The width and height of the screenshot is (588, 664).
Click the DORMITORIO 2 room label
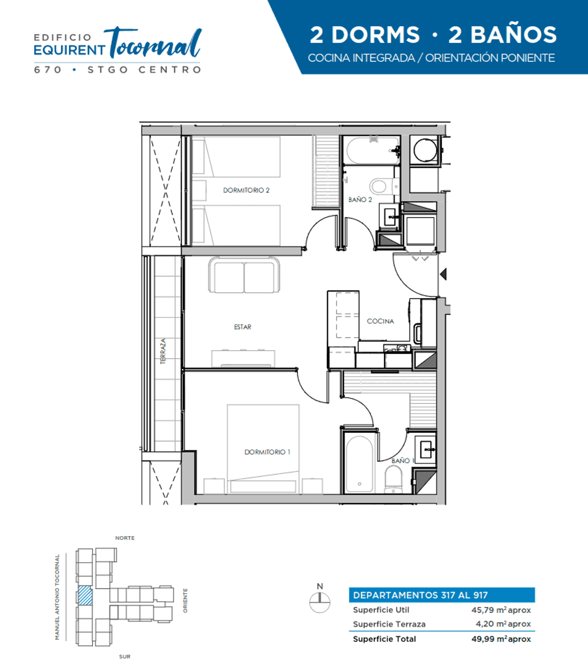tap(246, 190)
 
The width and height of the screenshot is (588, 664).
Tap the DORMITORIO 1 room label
tap(267, 452)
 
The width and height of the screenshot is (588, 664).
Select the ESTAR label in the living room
tap(242, 327)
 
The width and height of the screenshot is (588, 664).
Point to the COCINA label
tap(380, 321)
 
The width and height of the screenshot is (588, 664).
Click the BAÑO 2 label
tap(360, 200)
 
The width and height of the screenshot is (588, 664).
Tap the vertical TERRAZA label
tap(163, 351)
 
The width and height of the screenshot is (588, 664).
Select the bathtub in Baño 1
tap(359, 464)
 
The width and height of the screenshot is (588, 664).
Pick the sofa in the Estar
tap(244, 274)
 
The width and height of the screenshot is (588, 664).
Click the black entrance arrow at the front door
tap(443, 274)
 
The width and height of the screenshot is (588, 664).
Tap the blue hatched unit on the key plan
tap(86, 595)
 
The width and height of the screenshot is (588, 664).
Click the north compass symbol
tap(319, 598)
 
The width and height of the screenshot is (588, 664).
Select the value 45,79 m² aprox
tap(501, 610)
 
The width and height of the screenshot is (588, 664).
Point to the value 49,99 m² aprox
tap(501, 639)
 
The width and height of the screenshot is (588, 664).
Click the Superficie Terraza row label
tap(389, 624)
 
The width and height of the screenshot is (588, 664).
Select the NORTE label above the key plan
tap(125, 538)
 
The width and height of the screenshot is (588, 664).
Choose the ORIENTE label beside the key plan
tap(185, 600)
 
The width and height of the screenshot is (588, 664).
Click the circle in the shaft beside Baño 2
tap(425, 150)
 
